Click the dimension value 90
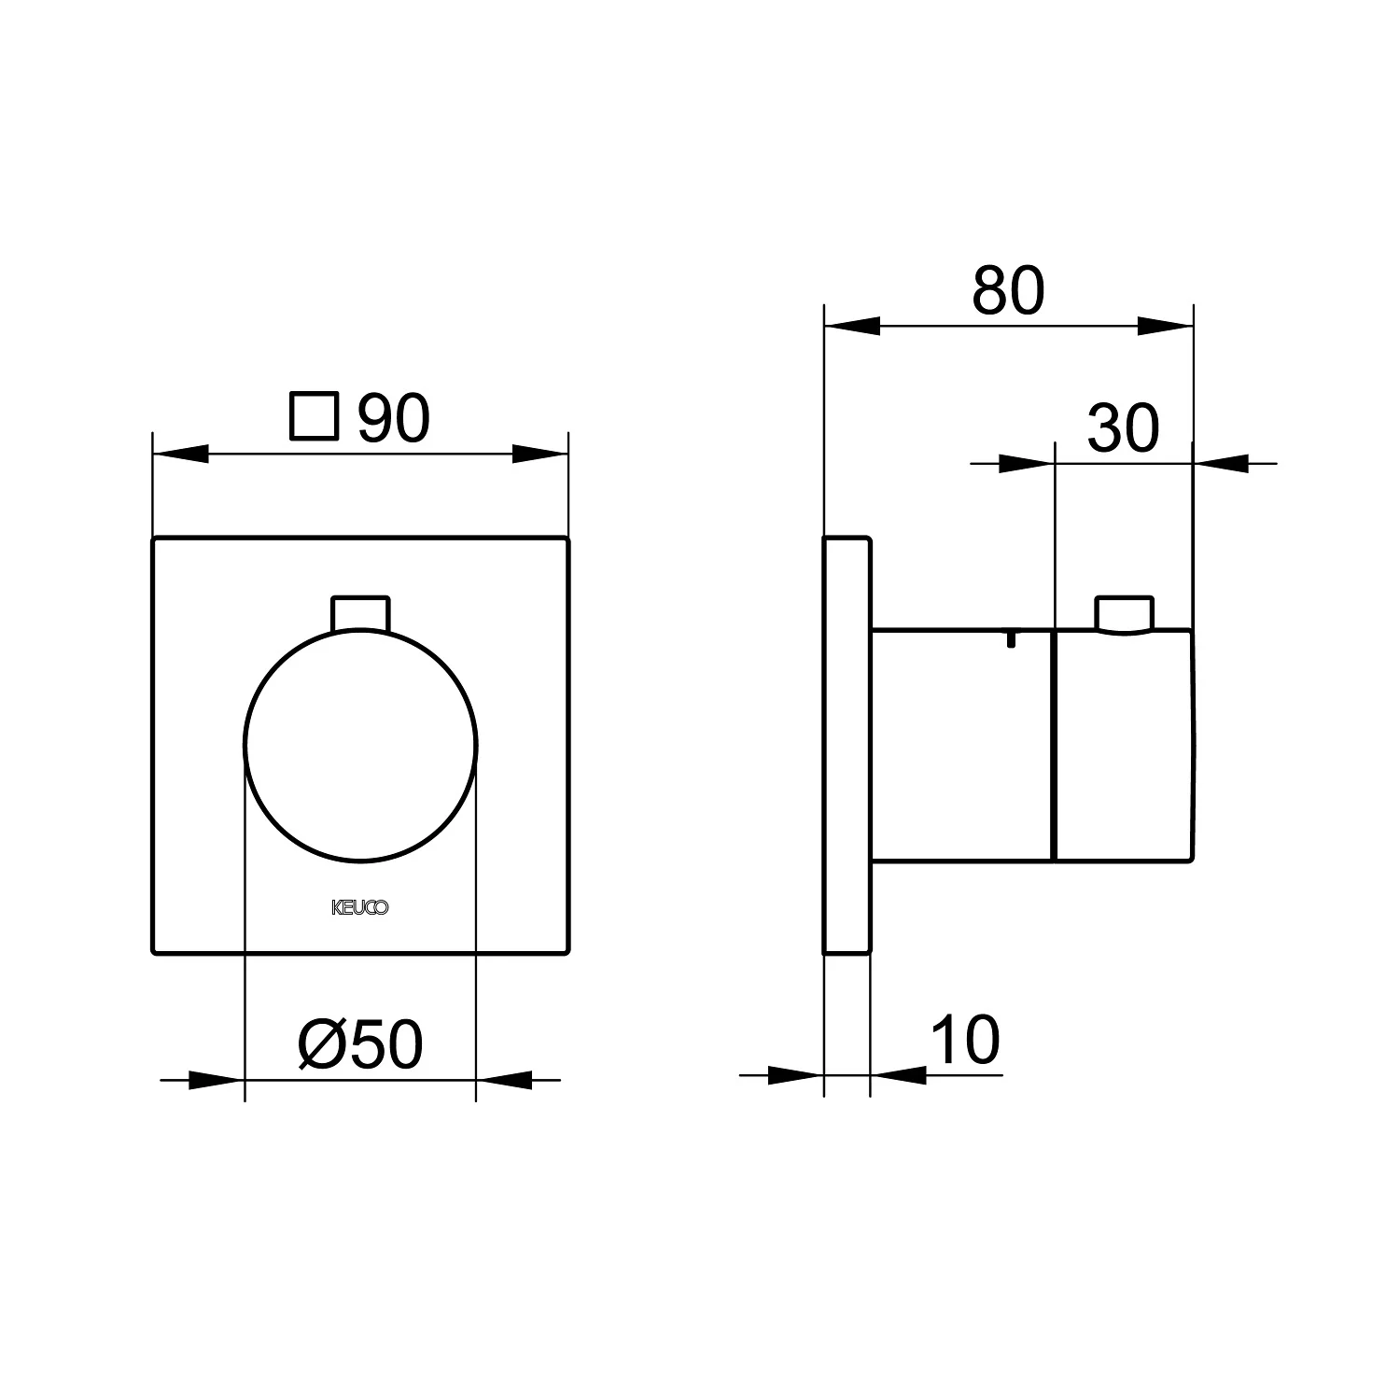[x=394, y=419]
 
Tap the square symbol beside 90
[x=314, y=416]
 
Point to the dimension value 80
[x=1008, y=291]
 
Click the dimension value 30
[x=1123, y=428]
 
